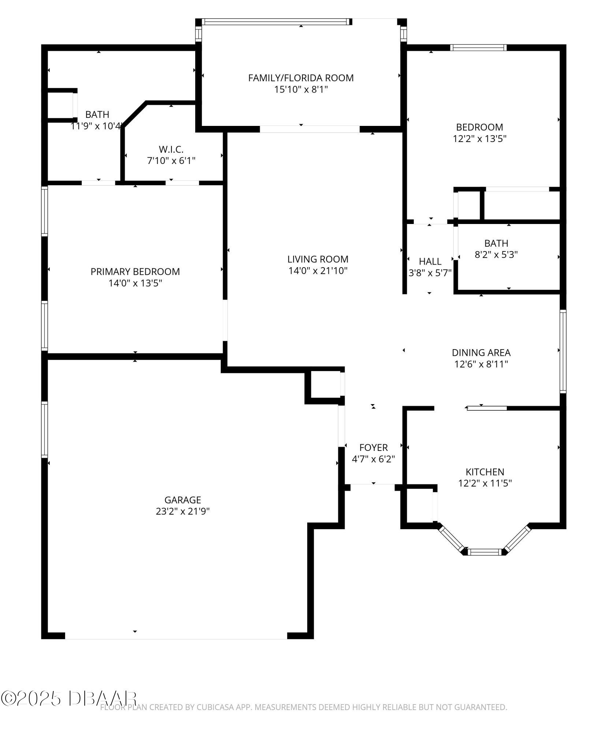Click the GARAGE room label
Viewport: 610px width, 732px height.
point(182,500)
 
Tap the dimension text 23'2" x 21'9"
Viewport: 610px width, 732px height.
point(182,511)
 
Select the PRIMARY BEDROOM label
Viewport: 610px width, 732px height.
point(135,272)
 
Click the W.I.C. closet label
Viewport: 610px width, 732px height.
point(171,149)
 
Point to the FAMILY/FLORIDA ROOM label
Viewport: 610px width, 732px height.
point(301,78)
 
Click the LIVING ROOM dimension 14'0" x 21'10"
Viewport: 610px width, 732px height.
point(317,271)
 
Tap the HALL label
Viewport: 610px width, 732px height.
point(430,261)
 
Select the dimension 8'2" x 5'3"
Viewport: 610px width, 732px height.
point(496,255)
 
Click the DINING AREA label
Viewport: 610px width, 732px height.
point(481,352)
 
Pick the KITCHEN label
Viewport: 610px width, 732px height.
point(484,472)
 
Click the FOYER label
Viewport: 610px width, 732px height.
point(373,447)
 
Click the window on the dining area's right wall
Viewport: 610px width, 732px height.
point(563,351)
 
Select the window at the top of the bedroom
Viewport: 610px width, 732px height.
point(478,48)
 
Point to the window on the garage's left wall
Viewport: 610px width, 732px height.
point(44,429)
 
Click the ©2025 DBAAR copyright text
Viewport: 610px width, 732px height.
point(69,698)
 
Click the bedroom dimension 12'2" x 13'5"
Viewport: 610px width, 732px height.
point(479,139)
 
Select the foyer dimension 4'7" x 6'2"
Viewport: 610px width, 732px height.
point(373,459)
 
